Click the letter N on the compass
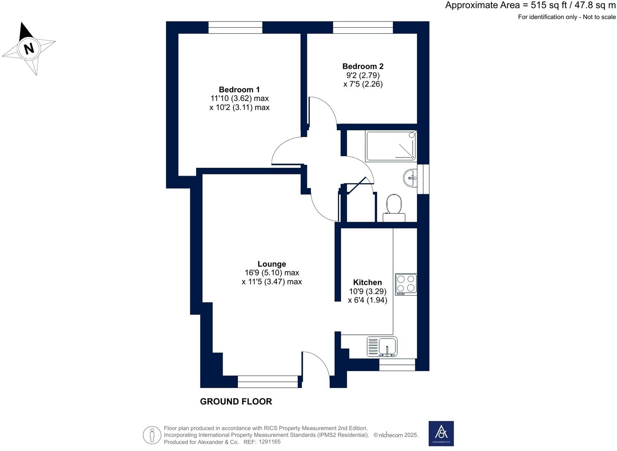coord(28,49)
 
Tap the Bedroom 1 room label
coord(239,90)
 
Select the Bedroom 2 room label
coord(363,66)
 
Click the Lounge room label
coord(272,264)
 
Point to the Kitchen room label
coord(367,283)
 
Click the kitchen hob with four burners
coord(406,284)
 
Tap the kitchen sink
coord(382,346)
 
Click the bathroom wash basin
coord(410,178)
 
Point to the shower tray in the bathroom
coord(391,146)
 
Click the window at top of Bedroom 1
coord(235,28)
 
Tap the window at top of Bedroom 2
coord(363,28)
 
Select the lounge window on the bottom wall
coord(268,382)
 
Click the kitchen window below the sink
coord(397,365)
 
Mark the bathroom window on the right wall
coord(423,179)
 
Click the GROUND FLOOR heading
coord(236,402)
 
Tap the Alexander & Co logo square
coord(441,433)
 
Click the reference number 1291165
coord(269,442)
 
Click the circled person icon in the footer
coord(152,435)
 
